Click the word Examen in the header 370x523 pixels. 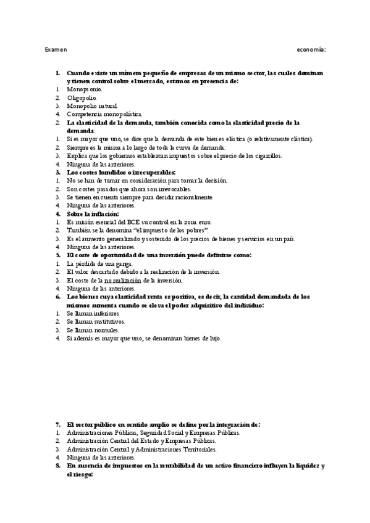pos(56,49)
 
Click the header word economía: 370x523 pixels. pos(311,49)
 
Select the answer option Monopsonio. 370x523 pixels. pos(85,89)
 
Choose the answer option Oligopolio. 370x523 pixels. pos(82,97)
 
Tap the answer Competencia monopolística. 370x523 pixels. pos(104,114)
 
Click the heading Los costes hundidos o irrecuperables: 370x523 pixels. pos(121,172)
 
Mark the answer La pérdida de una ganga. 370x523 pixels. pos(99,263)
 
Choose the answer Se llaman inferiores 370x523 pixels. pos(93,313)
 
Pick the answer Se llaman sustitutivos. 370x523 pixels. pos(95,321)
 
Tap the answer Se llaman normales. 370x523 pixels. pos(93,330)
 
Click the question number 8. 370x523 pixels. pos(57,466)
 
